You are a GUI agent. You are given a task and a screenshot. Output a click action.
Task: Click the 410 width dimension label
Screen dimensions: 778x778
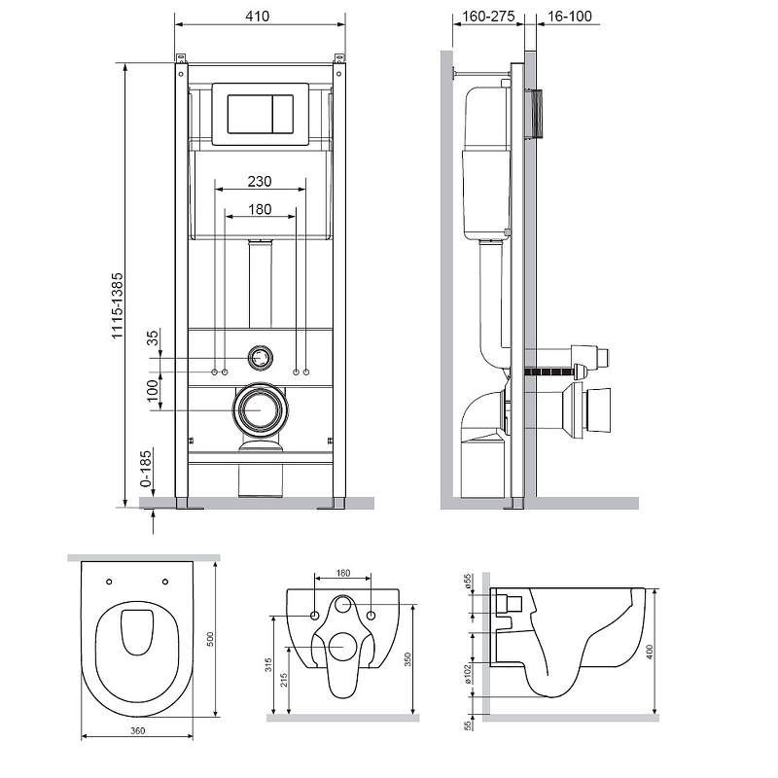point(258,17)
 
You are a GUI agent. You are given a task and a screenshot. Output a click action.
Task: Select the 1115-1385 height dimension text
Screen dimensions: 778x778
point(118,304)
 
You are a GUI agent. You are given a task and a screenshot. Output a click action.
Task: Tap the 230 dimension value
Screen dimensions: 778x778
point(259,181)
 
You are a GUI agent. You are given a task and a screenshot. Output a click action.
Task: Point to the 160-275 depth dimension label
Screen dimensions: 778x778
point(484,17)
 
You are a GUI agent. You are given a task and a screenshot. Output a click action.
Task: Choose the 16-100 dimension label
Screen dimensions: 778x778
point(568,17)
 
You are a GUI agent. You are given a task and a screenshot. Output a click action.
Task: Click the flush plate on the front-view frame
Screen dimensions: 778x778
point(259,113)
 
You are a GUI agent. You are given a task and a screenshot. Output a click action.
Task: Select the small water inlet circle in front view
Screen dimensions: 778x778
point(260,357)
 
